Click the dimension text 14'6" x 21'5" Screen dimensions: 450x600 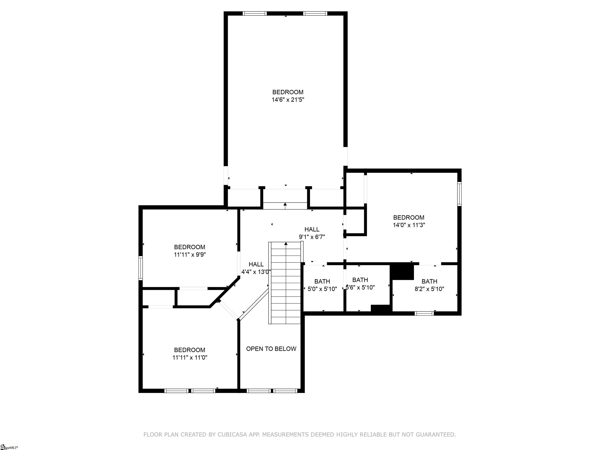pos(288,100)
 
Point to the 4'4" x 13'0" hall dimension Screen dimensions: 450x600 pos(256,272)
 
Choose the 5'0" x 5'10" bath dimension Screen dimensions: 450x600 pos(322,289)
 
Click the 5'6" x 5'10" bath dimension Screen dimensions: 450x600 pos(361,287)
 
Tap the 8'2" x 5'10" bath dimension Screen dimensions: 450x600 pos(429,289)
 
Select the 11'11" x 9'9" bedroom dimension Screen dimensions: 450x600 pos(190,255)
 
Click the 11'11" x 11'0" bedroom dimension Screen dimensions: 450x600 pos(190,357)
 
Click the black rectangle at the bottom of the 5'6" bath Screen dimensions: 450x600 pos(381,309)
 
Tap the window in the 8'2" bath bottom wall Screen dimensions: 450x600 pos(424,313)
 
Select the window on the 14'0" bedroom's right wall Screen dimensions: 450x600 pos(459,194)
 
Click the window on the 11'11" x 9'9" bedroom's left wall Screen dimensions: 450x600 pos(140,268)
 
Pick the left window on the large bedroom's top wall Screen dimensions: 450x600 pos(254,13)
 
